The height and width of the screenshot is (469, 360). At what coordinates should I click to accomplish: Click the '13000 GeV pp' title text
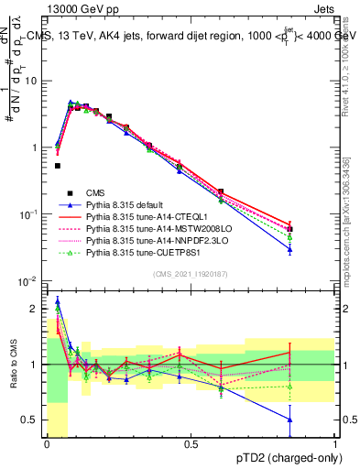[80, 7]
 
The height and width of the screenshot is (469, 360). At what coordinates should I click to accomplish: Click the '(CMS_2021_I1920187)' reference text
[191, 274]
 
